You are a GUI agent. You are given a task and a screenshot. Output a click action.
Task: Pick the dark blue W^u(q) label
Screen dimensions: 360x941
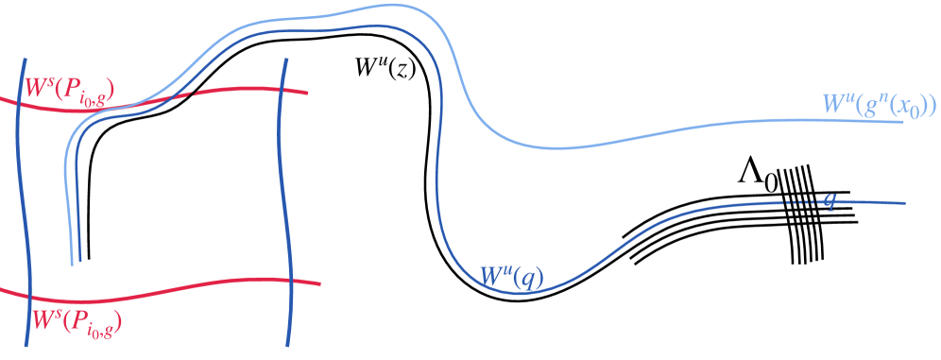coord(511,276)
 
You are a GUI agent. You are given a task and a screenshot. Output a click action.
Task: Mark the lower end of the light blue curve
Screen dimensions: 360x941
coord(73,264)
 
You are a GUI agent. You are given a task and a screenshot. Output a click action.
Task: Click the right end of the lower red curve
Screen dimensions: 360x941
coord(320,283)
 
